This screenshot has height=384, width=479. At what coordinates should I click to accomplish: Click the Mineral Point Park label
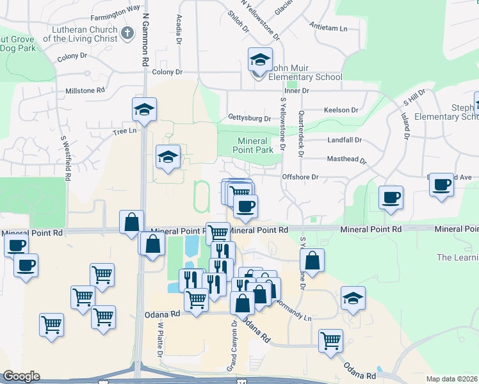click(x=256, y=145)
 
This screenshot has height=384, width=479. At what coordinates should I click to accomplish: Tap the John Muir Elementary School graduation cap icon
click(x=260, y=61)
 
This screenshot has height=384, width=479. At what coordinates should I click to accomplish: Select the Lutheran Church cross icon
click(x=127, y=33)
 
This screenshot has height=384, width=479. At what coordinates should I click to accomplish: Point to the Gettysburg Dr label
click(x=249, y=118)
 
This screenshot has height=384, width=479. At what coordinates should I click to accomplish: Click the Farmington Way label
click(x=115, y=9)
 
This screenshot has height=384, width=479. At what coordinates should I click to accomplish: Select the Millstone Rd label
click(x=85, y=91)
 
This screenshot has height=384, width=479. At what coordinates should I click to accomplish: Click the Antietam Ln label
click(x=328, y=29)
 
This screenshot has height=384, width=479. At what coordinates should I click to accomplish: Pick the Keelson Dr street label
click(x=341, y=110)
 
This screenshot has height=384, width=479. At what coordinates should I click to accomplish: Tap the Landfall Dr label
click(x=344, y=140)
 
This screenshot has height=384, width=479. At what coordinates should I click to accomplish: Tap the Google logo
click(x=21, y=376)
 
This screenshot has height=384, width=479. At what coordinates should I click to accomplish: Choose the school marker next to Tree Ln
click(x=145, y=109)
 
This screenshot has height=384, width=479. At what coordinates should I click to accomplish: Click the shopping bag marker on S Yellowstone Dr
click(x=311, y=261)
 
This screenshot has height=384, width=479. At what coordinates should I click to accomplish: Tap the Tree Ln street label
click(x=125, y=131)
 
